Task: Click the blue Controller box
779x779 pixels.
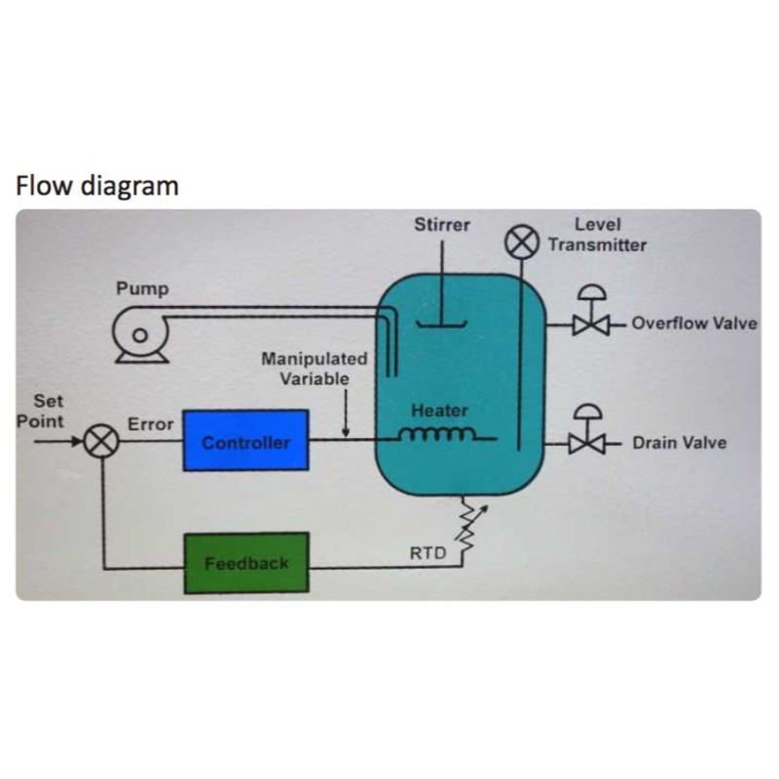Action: coord(245,441)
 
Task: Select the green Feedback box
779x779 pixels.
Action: coord(245,563)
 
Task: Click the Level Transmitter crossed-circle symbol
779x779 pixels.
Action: coord(521,241)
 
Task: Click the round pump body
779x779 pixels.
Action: coord(139,334)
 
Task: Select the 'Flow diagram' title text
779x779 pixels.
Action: coord(97,185)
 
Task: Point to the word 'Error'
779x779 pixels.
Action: coord(151,425)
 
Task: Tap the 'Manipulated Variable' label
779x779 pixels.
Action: coord(314,369)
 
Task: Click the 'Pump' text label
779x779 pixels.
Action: coord(142,289)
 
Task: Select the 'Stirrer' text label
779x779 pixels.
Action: coord(442,225)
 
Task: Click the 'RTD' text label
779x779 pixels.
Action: coord(427,554)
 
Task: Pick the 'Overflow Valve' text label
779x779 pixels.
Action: coord(693,323)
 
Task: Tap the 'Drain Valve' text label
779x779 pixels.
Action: coord(679,443)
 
